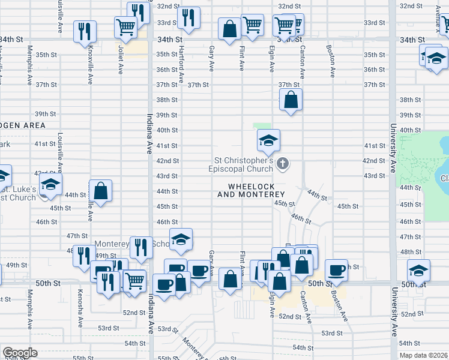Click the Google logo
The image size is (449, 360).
tap(20, 353)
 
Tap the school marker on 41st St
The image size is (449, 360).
tap(268, 141)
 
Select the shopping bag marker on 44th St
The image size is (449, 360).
tap(101, 191)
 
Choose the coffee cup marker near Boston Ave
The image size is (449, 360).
tap(337, 270)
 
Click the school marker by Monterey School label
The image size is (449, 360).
tap(181, 240)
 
